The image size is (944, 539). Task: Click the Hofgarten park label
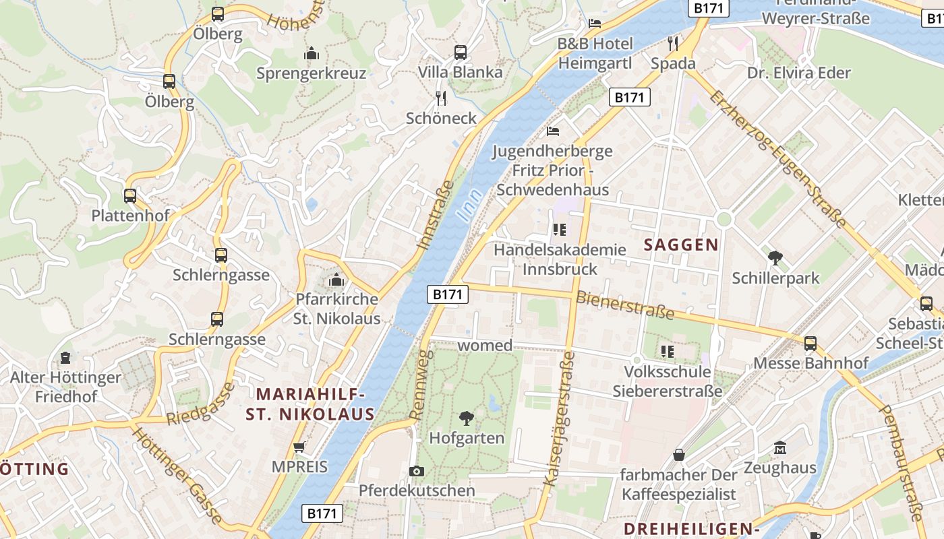467,438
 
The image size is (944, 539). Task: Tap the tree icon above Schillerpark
775,257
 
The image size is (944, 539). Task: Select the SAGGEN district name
681,245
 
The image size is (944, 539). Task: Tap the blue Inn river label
470,205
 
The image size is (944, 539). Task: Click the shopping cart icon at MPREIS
299,447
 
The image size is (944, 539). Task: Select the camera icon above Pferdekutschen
417,471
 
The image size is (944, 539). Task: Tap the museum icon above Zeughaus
780,447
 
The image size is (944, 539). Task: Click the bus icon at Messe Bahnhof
810,344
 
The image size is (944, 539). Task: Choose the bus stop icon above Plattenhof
130,196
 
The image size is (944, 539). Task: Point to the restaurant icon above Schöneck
441,98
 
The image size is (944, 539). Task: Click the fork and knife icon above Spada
672,44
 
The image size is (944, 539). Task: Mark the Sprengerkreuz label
311,73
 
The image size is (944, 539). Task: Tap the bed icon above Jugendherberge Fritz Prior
553,131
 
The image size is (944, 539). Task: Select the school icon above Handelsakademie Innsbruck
559,230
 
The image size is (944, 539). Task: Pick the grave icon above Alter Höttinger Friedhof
65,357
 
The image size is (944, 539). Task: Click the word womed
485,346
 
